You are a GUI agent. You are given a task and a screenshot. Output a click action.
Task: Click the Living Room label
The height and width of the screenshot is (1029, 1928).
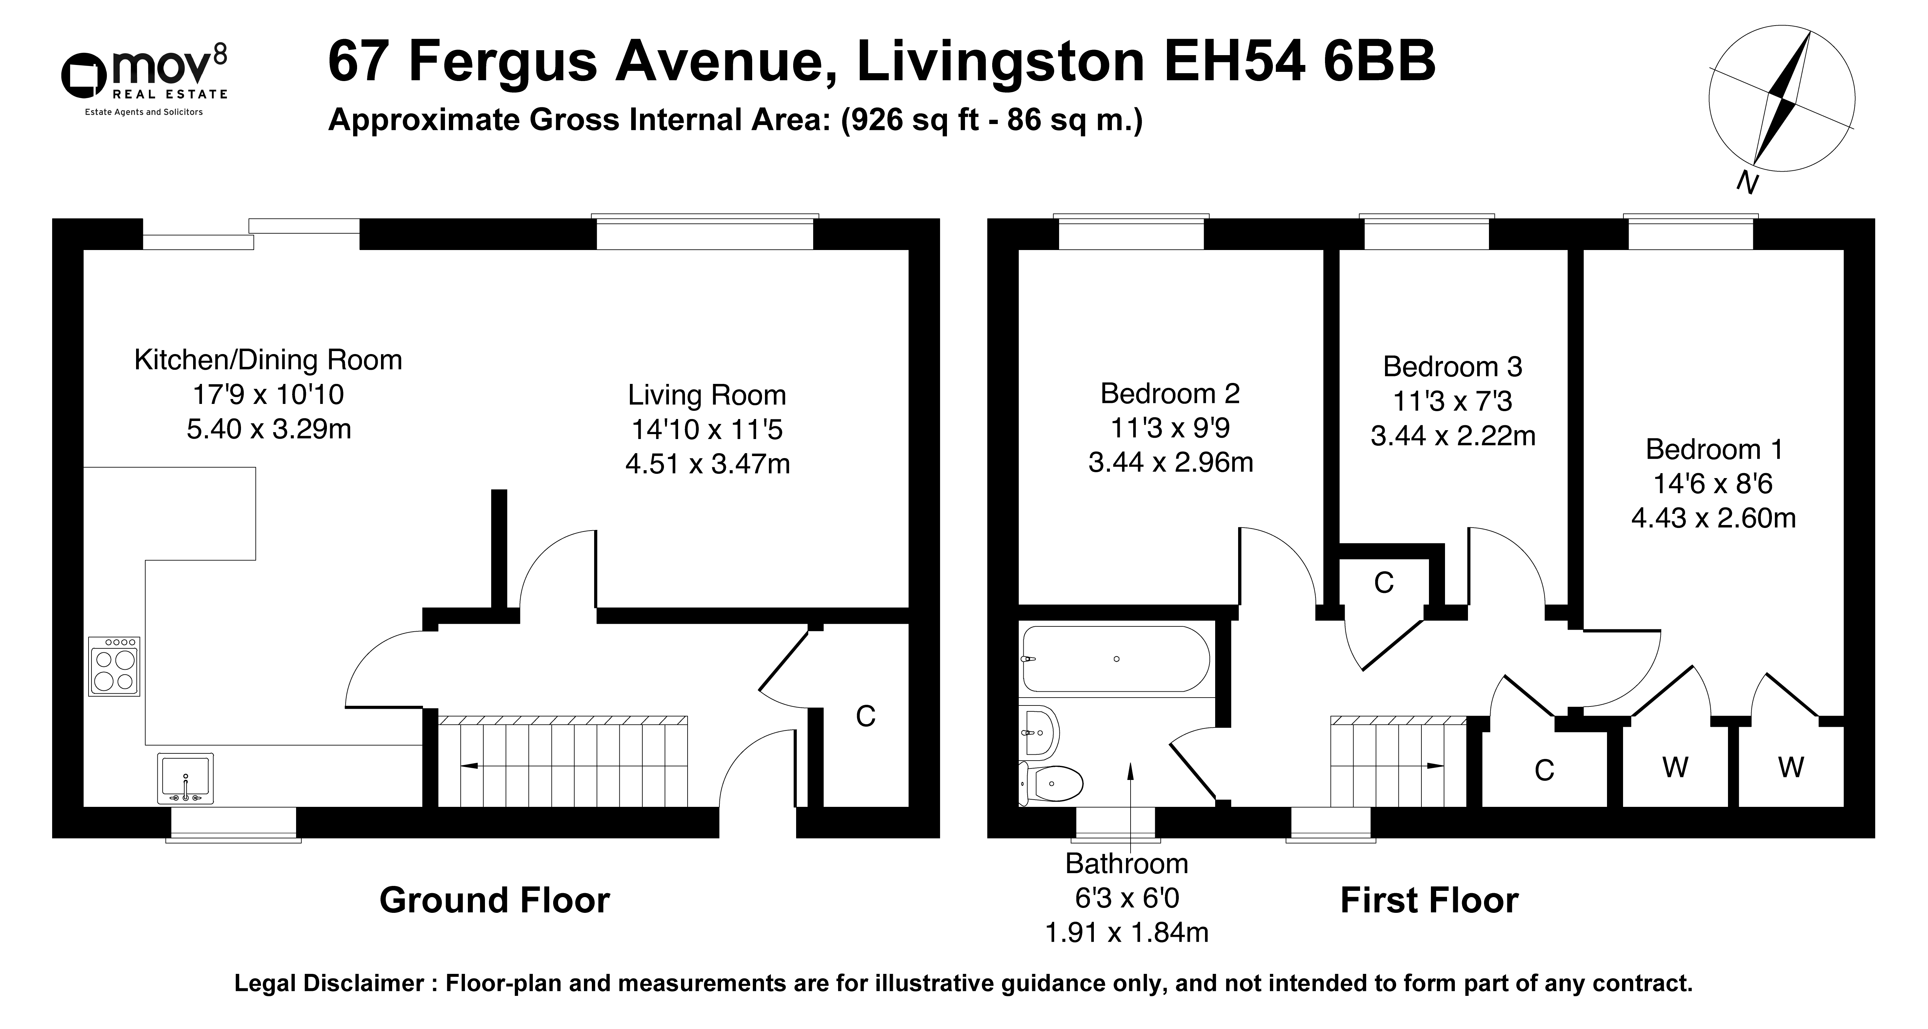tap(707, 395)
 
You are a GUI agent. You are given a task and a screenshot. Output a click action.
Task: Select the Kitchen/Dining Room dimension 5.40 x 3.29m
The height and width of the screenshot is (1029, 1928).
tap(269, 429)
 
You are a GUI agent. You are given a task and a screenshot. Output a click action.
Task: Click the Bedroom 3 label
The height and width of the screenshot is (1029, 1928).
tap(1452, 366)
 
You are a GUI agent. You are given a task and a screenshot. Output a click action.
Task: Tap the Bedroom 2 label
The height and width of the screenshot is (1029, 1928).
tap(1170, 393)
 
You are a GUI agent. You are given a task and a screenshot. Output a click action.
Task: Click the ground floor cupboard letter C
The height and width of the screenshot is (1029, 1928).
tap(865, 717)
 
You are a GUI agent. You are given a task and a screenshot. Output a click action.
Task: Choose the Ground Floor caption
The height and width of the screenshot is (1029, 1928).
tap(495, 900)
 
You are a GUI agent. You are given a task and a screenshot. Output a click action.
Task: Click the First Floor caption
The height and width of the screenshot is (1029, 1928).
tap(1429, 900)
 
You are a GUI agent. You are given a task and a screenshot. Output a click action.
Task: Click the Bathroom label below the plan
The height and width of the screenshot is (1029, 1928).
tap(1126, 864)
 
